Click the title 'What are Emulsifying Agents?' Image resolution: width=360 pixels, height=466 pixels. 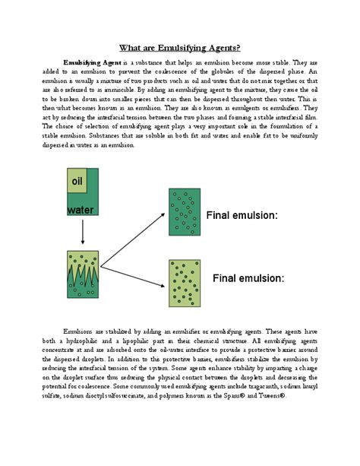point(179,46)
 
